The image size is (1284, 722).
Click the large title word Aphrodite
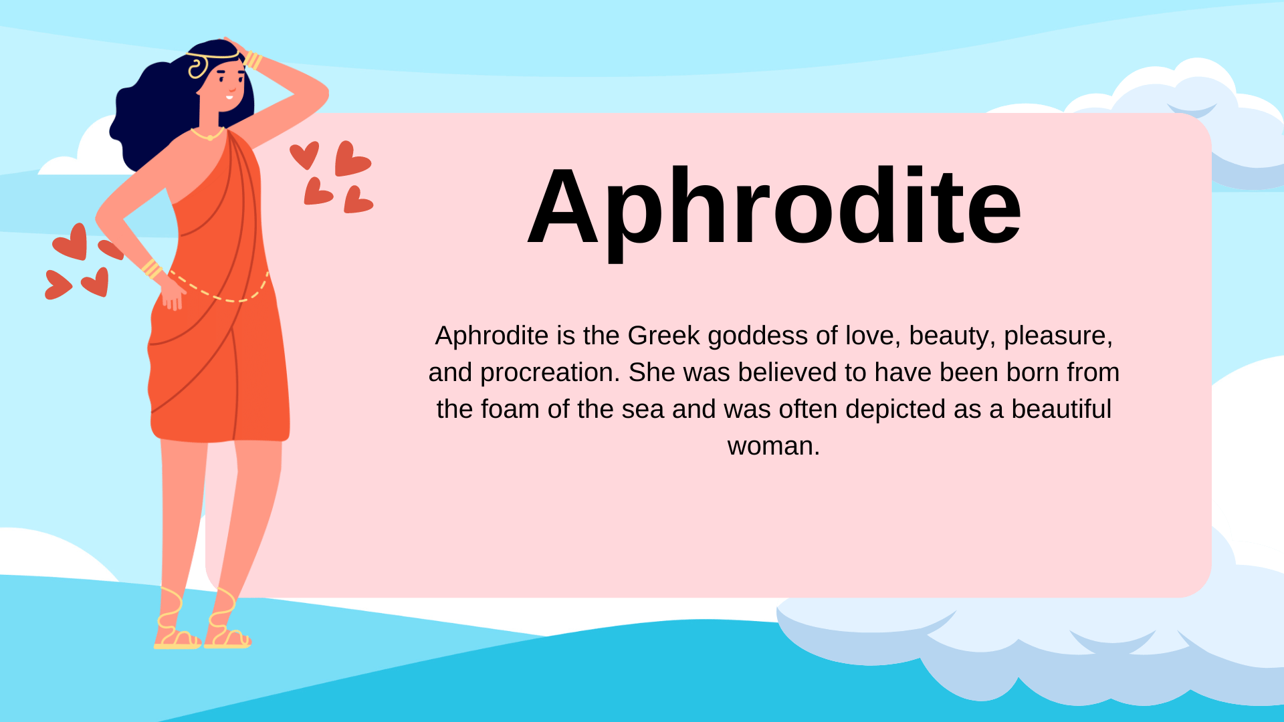tap(774, 207)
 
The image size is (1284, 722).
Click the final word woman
tap(773, 446)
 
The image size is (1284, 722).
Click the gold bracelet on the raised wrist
tap(253, 60)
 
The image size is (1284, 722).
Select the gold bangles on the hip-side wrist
tap(152, 269)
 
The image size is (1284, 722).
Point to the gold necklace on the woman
tap(208, 136)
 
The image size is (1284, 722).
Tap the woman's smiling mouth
tap(229, 98)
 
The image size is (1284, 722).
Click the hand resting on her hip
tap(173, 294)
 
